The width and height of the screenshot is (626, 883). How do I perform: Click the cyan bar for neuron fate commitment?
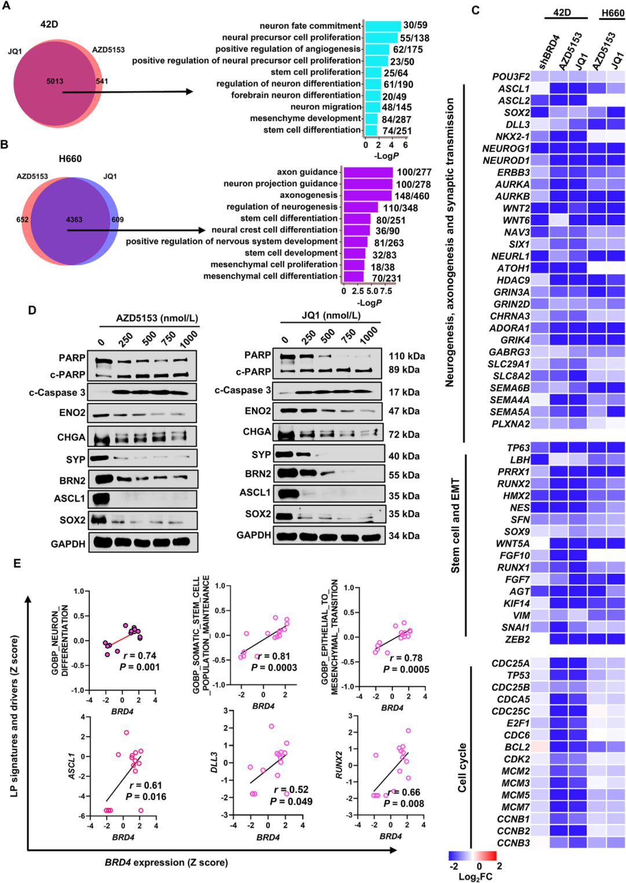[383, 26]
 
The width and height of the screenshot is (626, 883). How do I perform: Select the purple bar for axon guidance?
[368, 172]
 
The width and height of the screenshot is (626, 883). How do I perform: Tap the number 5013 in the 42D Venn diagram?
[55, 81]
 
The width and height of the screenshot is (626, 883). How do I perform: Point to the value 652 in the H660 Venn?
[23, 219]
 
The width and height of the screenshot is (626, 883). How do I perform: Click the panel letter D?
[32, 310]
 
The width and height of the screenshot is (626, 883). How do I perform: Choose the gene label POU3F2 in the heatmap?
[511, 77]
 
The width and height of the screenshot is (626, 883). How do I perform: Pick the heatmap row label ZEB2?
[517, 639]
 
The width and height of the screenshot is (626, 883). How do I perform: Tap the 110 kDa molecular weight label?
[406, 356]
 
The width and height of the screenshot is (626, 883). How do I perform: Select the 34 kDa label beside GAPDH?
[404, 535]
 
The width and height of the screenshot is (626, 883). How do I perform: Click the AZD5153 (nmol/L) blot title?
[157, 318]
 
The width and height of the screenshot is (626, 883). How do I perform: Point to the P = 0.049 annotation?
[291, 801]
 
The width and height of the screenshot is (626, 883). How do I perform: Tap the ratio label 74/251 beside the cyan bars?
[397, 131]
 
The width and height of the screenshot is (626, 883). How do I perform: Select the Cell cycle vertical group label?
[462, 768]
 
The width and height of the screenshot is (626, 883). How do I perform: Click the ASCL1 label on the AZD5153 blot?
[70, 498]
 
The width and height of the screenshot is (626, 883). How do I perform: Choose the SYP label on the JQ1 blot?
[261, 455]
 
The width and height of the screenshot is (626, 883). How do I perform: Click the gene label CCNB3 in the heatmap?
[514, 842]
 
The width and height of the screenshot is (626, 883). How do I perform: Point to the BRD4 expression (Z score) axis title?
[166, 862]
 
